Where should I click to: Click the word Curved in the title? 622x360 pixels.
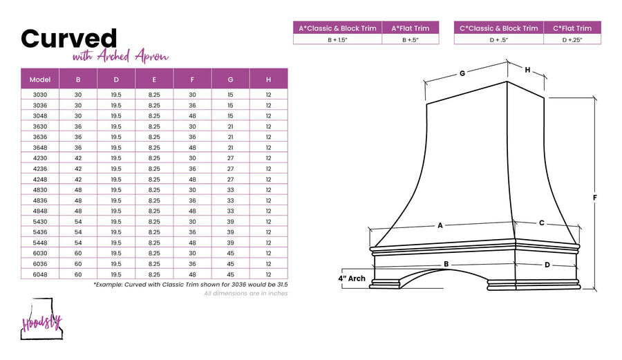68,39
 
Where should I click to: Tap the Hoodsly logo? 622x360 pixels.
41,319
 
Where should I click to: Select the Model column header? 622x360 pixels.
40,79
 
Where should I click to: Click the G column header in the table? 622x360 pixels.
230,79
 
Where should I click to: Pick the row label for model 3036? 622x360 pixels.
40,106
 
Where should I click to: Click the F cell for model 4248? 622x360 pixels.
192,179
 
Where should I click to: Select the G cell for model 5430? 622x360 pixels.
230,222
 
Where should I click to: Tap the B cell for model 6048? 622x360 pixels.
78,274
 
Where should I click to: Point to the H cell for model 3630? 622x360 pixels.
269,126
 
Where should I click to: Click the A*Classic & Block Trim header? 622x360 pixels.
337,28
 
